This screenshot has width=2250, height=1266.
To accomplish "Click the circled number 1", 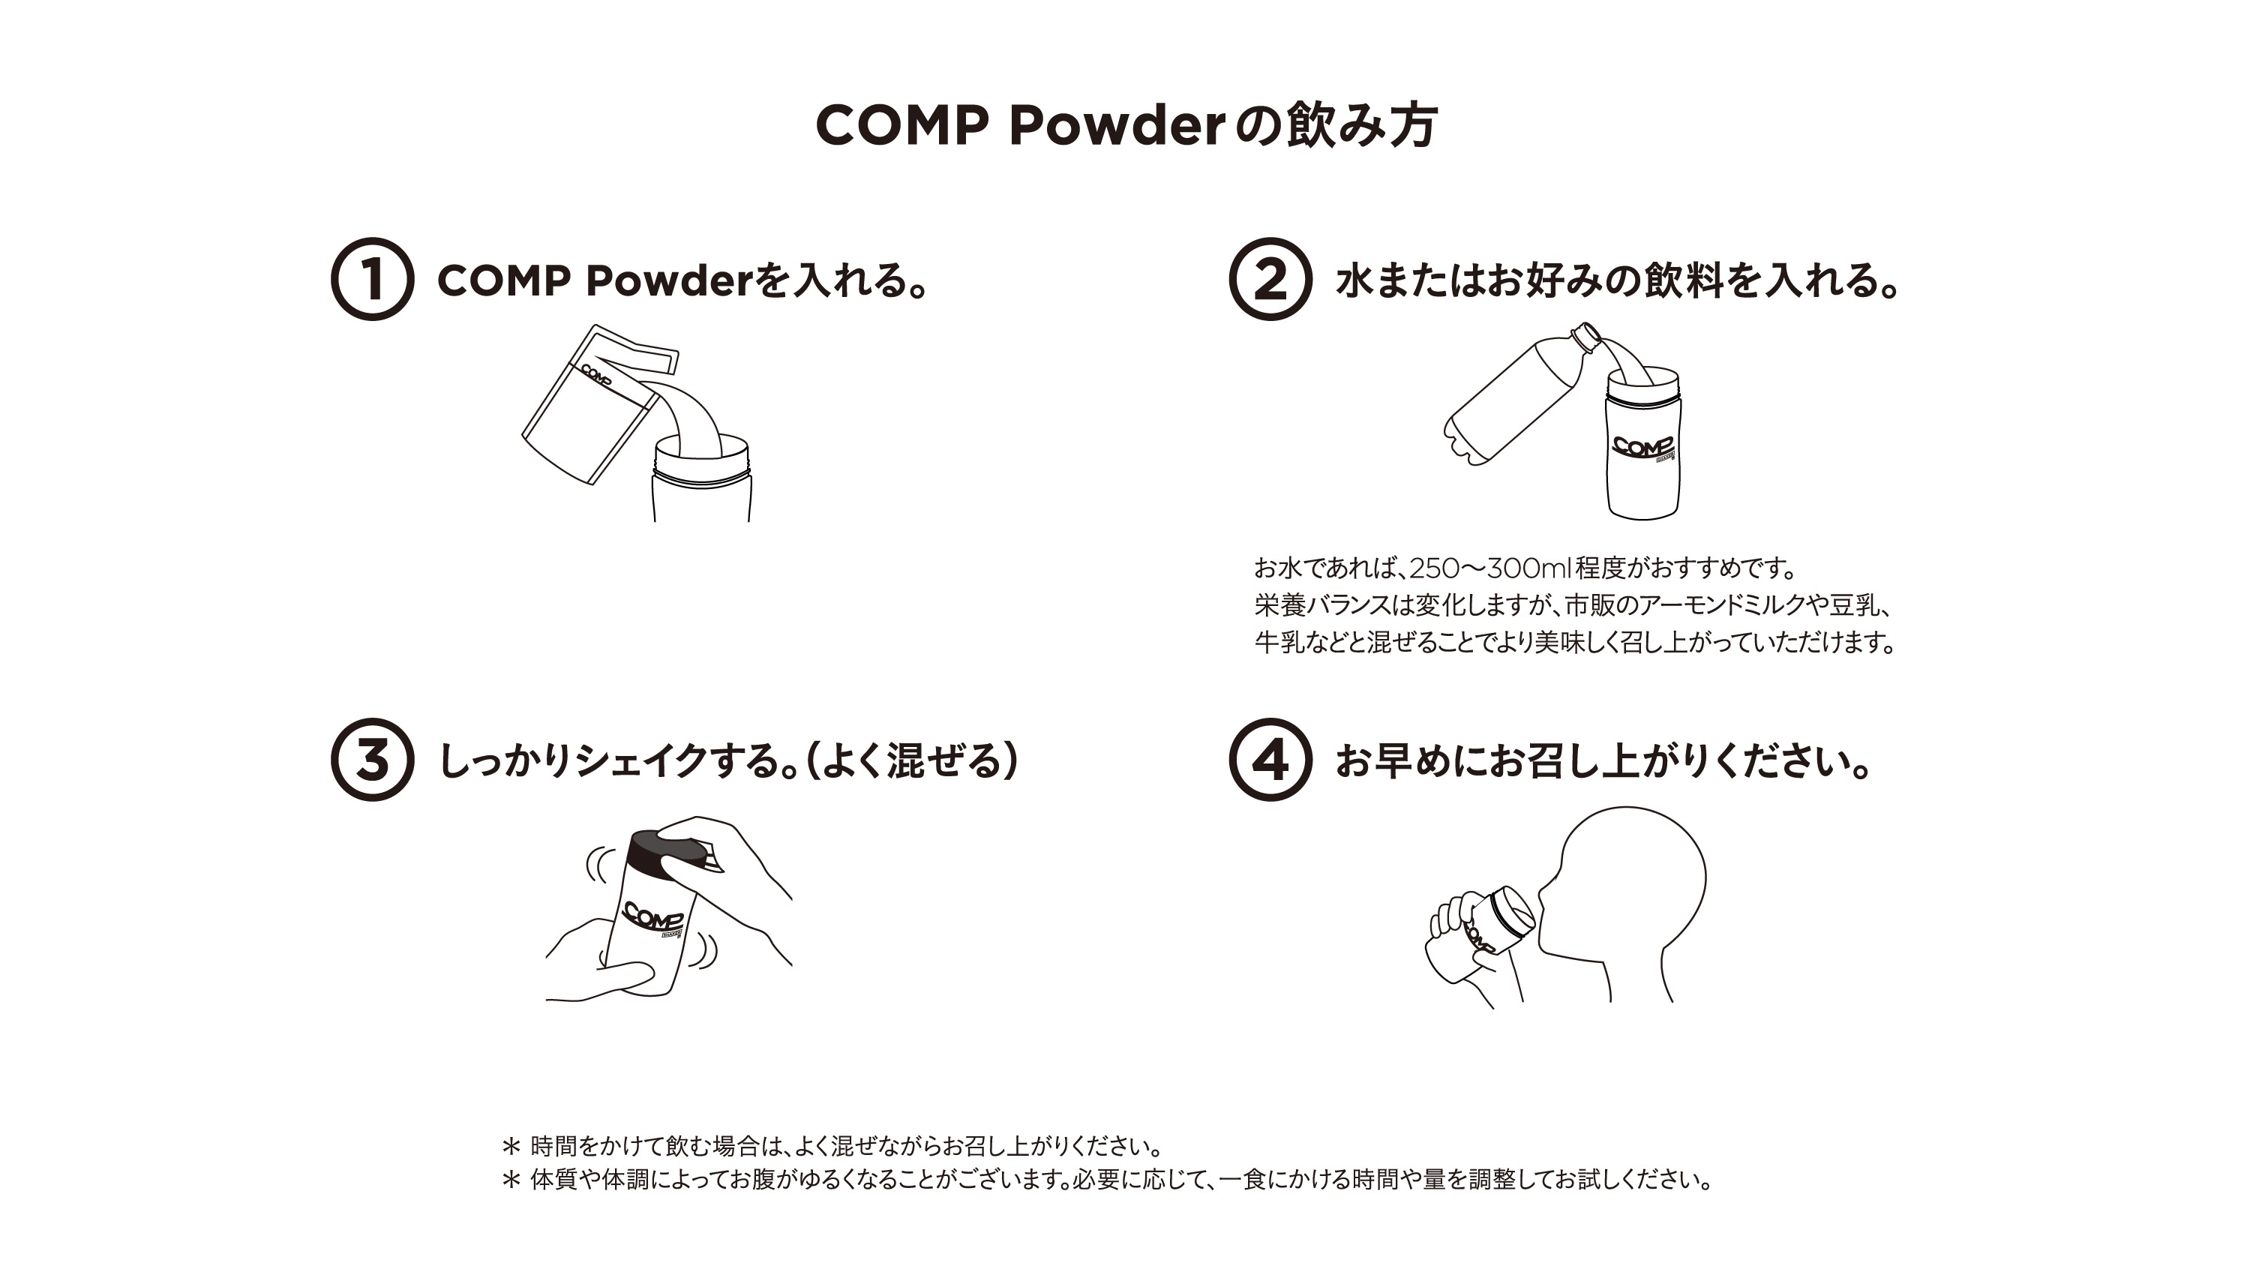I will pyautogui.click(x=372, y=279).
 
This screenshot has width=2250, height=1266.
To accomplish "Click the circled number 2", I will pyautogui.click(x=1269, y=279).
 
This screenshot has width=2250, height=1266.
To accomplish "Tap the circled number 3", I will pyautogui.click(x=372, y=759).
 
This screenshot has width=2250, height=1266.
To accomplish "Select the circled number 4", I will pyautogui.click(x=1269, y=759).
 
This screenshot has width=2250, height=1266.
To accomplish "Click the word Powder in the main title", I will pyautogui.click(x=1117, y=126).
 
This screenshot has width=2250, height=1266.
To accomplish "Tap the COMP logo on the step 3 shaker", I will pyautogui.click(x=652, y=917).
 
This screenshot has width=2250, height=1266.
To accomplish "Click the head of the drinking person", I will pyautogui.click(x=1633, y=874).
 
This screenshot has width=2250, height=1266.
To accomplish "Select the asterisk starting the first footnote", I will pyautogui.click(x=511, y=1145).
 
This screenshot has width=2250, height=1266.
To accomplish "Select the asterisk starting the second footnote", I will pyautogui.click(x=511, y=1180).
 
